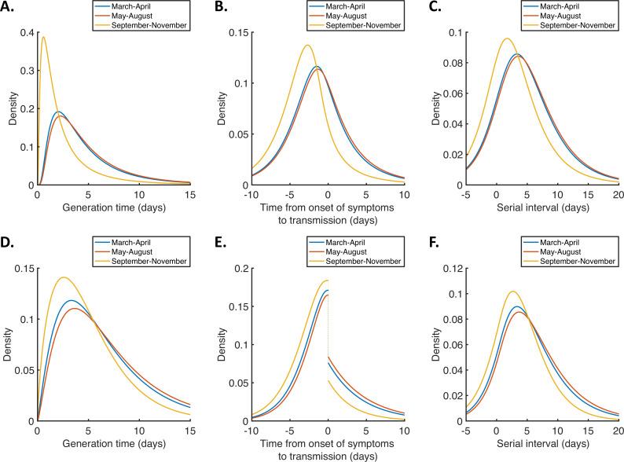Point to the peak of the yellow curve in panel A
[x=43, y=36]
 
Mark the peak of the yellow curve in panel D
[x=63, y=277]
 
